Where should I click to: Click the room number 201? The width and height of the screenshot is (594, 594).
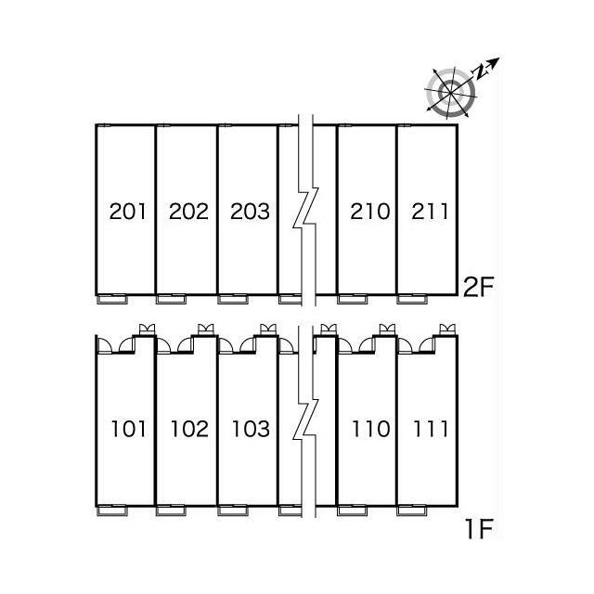coord(127,212)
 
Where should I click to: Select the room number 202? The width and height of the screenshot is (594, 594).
coord(188,212)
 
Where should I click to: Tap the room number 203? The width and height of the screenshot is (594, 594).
coord(250,212)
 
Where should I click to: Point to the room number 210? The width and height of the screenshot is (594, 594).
coord(370,212)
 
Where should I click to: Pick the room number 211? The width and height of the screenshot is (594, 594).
coord(430,212)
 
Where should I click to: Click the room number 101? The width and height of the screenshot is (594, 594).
coord(128,429)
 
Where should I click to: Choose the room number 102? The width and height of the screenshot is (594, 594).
coord(189,429)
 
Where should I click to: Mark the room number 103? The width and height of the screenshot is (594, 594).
coord(251,429)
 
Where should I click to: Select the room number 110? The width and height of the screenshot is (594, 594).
coord(371,429)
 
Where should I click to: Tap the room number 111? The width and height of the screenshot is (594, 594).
coord(431,429)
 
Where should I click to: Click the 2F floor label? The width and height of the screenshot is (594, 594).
coord(479,287)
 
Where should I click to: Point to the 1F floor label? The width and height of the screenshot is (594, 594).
coord(479,529)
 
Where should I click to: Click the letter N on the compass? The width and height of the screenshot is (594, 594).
coord(480,71)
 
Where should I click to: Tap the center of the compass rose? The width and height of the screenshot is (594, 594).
coord(450,92)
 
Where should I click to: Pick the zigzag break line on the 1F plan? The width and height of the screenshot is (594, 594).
coord(305,421)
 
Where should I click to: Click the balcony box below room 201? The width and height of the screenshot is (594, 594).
coord(112,299)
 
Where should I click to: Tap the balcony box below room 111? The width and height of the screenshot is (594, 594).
coord(412,511)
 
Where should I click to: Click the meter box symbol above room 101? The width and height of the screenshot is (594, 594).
coord(147,329)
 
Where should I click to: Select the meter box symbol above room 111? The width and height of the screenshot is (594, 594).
coord(447,329)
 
